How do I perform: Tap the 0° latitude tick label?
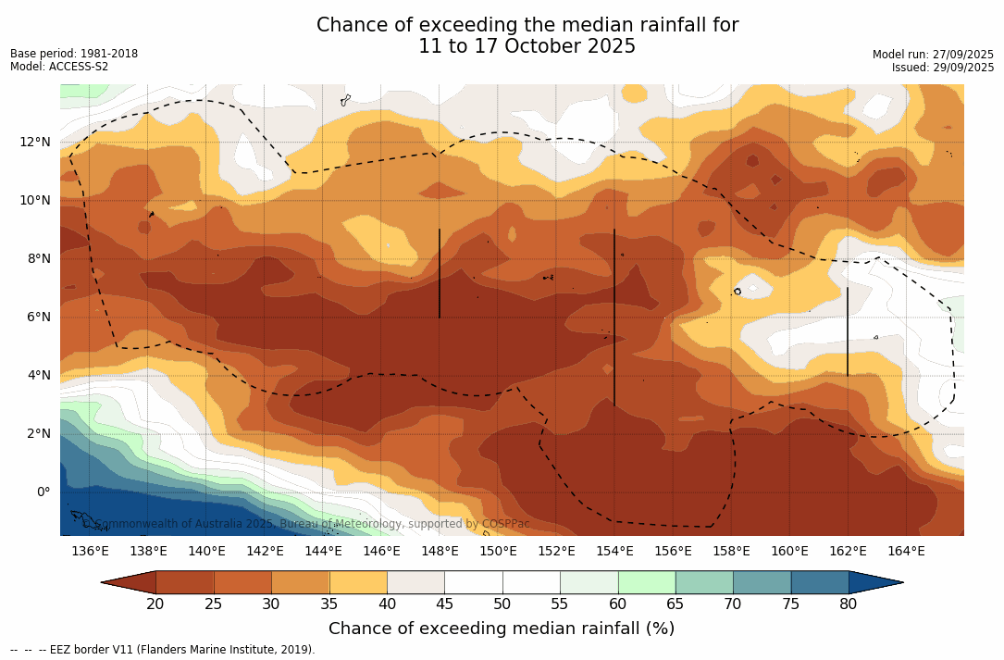tap(43, 492)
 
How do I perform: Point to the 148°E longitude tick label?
tap(440, 552)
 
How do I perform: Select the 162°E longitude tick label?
tap(848, 552)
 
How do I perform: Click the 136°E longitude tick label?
tap(90, 552)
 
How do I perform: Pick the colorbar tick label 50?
tap(502, 604)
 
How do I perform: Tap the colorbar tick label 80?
tap(849, 604)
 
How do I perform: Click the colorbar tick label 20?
tap(155, 604)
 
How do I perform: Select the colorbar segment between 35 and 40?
tap(358, 582)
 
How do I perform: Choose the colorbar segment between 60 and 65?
tap(647, 582)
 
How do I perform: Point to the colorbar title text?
tap(502, 629)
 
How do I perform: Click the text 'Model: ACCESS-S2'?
tap(59, 67)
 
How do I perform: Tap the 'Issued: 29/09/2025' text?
tap(943, 68)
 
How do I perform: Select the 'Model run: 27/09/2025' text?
tap(933, 55)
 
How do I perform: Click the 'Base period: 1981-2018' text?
tap(74, 54)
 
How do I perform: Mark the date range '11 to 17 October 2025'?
tap(527, 46)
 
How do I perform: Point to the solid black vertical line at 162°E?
tap(848, 331)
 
